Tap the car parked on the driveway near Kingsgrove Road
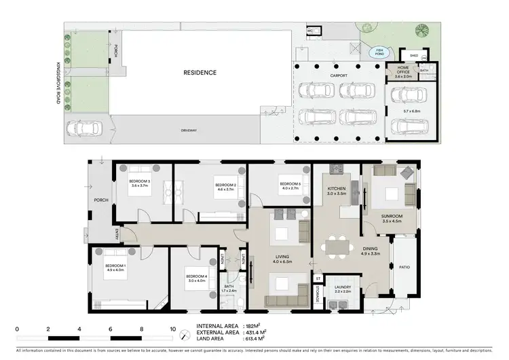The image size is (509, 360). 83,127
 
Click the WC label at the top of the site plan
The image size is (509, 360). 310,31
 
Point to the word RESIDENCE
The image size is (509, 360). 200,73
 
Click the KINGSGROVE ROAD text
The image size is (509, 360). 60,82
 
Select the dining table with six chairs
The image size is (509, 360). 337,246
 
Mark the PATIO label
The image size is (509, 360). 404,267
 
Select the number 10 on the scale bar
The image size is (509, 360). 172,328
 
